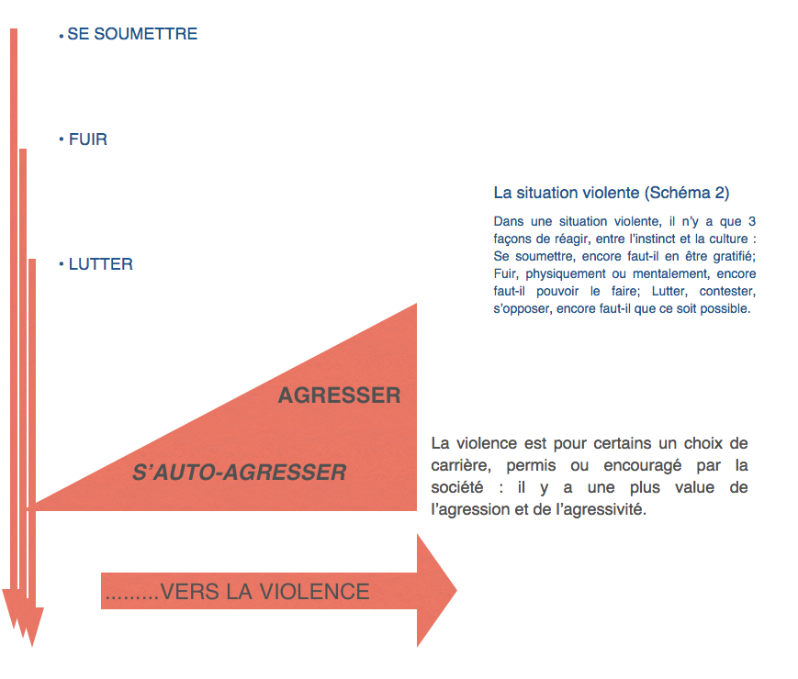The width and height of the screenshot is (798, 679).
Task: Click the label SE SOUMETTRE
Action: tap(132, 35)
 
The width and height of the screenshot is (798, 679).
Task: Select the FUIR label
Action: tap(88, 140)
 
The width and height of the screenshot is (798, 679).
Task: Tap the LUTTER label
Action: tap(101, 264)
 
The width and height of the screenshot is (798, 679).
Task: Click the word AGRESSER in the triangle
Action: tap(339, 396)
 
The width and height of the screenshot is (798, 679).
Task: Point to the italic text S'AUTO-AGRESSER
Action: tap(240, 473)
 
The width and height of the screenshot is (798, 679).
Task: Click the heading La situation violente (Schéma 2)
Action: tap(612, 194)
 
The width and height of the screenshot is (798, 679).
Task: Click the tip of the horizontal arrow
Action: tap(454, 591)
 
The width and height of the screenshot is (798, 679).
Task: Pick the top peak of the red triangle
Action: tap(416, 306)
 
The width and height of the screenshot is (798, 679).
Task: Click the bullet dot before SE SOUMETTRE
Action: tap(61, 36)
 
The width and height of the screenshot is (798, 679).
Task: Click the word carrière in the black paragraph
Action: tap(460, 465)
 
